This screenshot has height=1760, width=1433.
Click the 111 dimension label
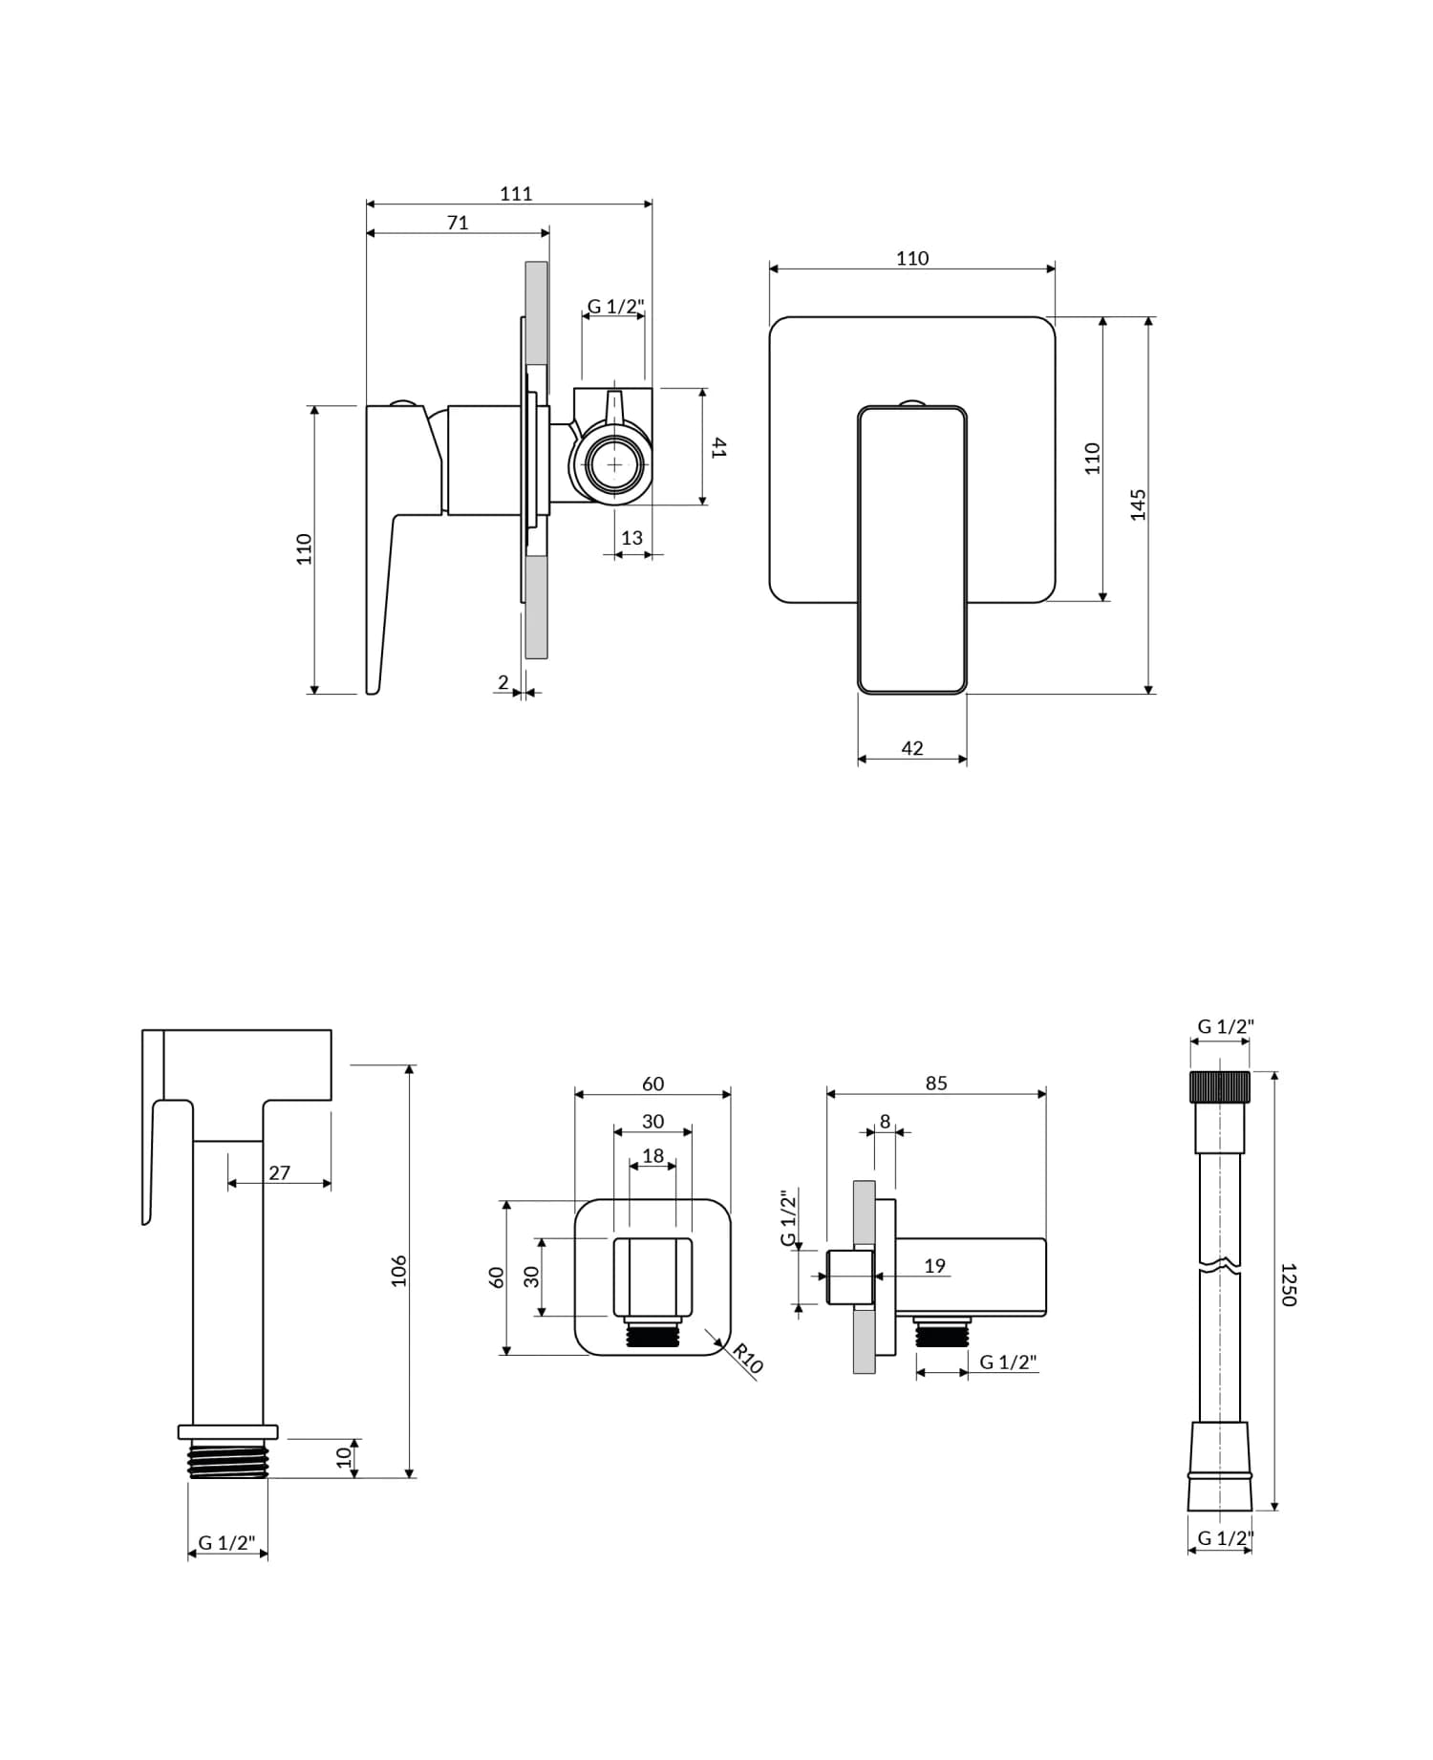pyautogui.click(x=516, y=193)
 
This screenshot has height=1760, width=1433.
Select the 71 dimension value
pyautogui.click(x=458, y=222)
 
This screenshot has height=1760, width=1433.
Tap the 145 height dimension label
pyautogui.click(x=1138, y=504)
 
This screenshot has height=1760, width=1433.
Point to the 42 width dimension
pyautogui.click(x=912, y=748)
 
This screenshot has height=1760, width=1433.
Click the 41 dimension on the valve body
pyautogui.click(x=719, y=447)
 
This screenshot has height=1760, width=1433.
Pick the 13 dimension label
pyautogui.click(x=631, y=538)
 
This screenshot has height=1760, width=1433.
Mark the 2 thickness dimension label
pyautogui.click(x=503, y=682)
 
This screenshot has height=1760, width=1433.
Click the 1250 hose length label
pyautogui.click(x=1288, y=1284)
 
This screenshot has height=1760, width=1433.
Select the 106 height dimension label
pyautogui.click(x=398, y=1271)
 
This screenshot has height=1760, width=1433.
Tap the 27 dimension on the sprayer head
pyautogui.click(x=279, y=1172)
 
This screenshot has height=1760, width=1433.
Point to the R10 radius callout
pyautogui.click(x=748, y=1358)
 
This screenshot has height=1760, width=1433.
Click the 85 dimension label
pyautogui.click(x=936, y=1083)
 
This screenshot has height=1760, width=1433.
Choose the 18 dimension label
pyautogui.click(x=652, y=1155)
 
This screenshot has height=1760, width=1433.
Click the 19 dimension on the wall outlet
pyautogui.click(x=934, y=1266)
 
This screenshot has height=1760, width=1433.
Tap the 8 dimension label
pyautogui.click(x=885, y=1122)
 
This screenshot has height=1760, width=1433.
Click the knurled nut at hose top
pyautogui.click(x=1220, y=1087)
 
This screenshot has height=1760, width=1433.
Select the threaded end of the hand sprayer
pyautogui.click(x=227, y=1460)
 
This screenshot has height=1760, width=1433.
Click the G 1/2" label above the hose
pyautogui.click(x=1225, y=1026)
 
